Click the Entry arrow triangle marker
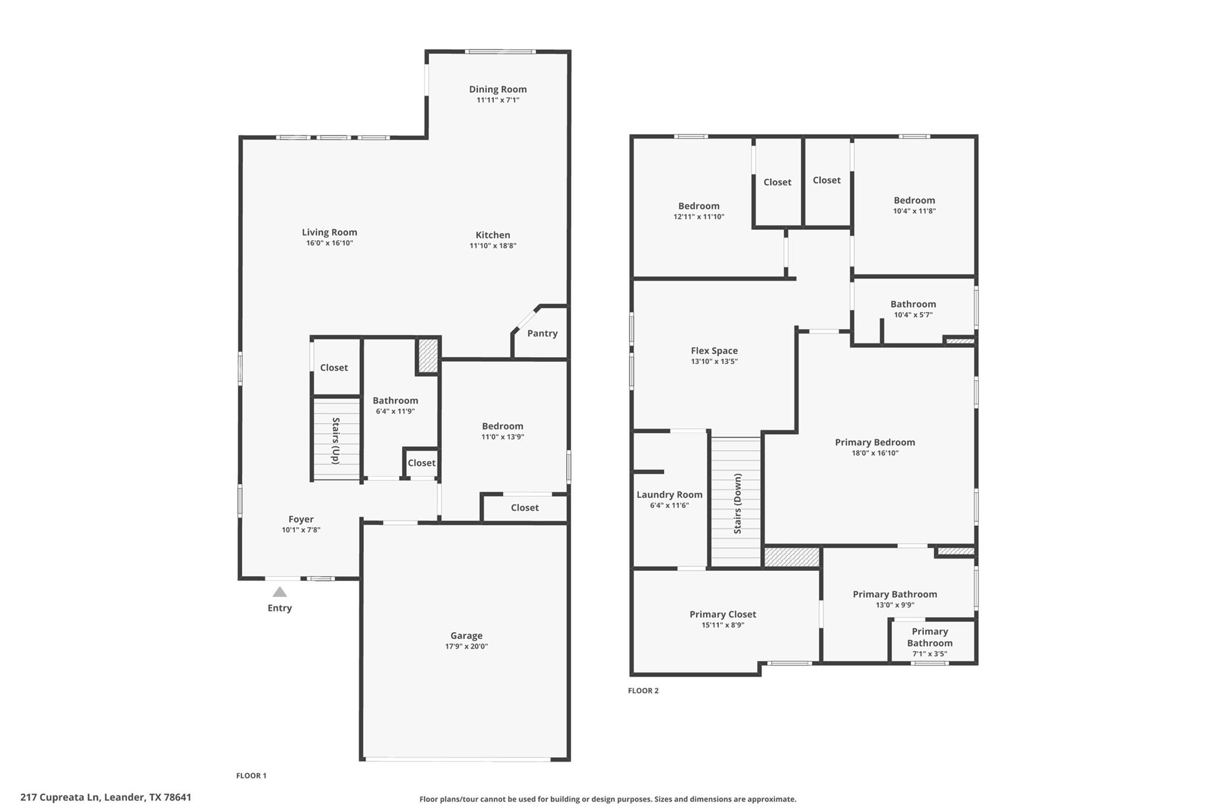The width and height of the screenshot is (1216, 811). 280,592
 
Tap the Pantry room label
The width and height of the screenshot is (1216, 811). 542,333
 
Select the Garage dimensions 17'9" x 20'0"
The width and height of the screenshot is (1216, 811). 466,646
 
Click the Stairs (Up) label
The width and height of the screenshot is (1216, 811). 336,440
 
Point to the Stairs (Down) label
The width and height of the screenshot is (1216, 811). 737,503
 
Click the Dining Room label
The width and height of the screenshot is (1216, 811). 498,89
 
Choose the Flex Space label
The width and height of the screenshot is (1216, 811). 714,351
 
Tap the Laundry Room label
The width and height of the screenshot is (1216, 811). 669,494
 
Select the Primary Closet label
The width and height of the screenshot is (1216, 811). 723,614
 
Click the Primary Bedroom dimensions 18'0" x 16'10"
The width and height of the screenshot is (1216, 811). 875,453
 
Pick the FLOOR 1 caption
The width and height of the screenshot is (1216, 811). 251,775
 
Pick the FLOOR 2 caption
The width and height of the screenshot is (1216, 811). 643,690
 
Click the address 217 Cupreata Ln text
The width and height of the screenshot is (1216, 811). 106,797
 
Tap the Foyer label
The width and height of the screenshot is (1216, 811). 301,519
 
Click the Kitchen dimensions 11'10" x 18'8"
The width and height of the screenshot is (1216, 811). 493,245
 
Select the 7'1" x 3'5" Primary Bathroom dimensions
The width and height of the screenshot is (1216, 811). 929,654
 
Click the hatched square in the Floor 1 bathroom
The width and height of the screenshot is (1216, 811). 427,355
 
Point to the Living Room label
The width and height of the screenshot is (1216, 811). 330,232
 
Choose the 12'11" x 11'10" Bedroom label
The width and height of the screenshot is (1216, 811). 699,206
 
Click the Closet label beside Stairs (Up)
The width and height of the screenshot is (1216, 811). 334,368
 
